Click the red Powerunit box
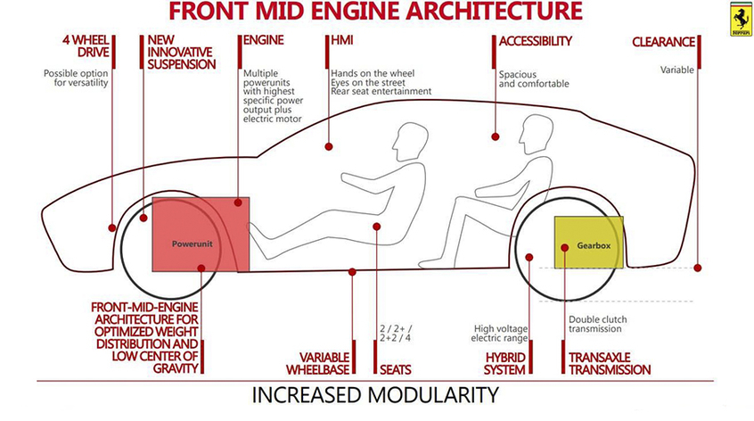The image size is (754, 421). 201,234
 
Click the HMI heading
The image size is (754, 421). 341,41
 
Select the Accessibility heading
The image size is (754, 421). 535,41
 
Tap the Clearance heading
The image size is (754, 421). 664,41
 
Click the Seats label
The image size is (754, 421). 397,368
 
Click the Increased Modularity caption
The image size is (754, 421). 374,393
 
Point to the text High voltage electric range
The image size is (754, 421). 501,333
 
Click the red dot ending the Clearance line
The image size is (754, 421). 698,267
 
